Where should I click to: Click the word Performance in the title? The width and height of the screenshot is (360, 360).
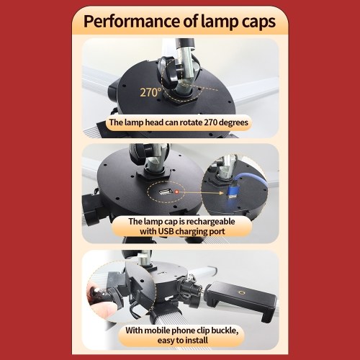pos(132,22)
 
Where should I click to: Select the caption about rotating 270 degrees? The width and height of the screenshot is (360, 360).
pos(179,122)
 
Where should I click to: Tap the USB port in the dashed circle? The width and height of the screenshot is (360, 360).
pos(166,192)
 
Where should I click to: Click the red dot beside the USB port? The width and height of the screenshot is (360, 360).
pos(177,192)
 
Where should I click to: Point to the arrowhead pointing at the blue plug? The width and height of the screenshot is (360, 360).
pos(222,193)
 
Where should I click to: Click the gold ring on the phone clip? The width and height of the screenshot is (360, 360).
pos(240,293)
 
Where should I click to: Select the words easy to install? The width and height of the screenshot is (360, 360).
pos(183,341)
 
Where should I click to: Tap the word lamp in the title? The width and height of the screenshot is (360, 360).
pos(220,22)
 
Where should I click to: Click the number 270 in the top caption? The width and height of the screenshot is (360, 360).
pos(211,122)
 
